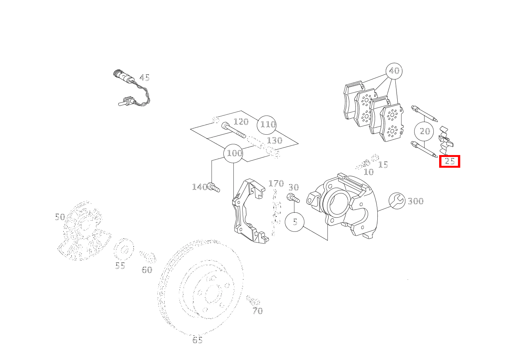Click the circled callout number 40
pos(394,71)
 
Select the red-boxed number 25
pos(450,161)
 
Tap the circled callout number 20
pos(424,131)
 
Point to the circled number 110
pos(267,125)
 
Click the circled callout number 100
pos(233,153)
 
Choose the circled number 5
pos(294,222)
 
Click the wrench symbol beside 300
pos(397,201)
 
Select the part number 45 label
pos(144,78)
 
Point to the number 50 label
pos(60,217)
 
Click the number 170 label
pos(276,183)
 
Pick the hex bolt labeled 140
pos(213,187)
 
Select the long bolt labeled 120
pos(233,130)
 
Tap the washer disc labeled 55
pos(124,249)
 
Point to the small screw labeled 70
pos(253,300)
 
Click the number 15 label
pos(383,165)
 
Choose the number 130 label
pos(275,140)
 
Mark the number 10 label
pos(369,172)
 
